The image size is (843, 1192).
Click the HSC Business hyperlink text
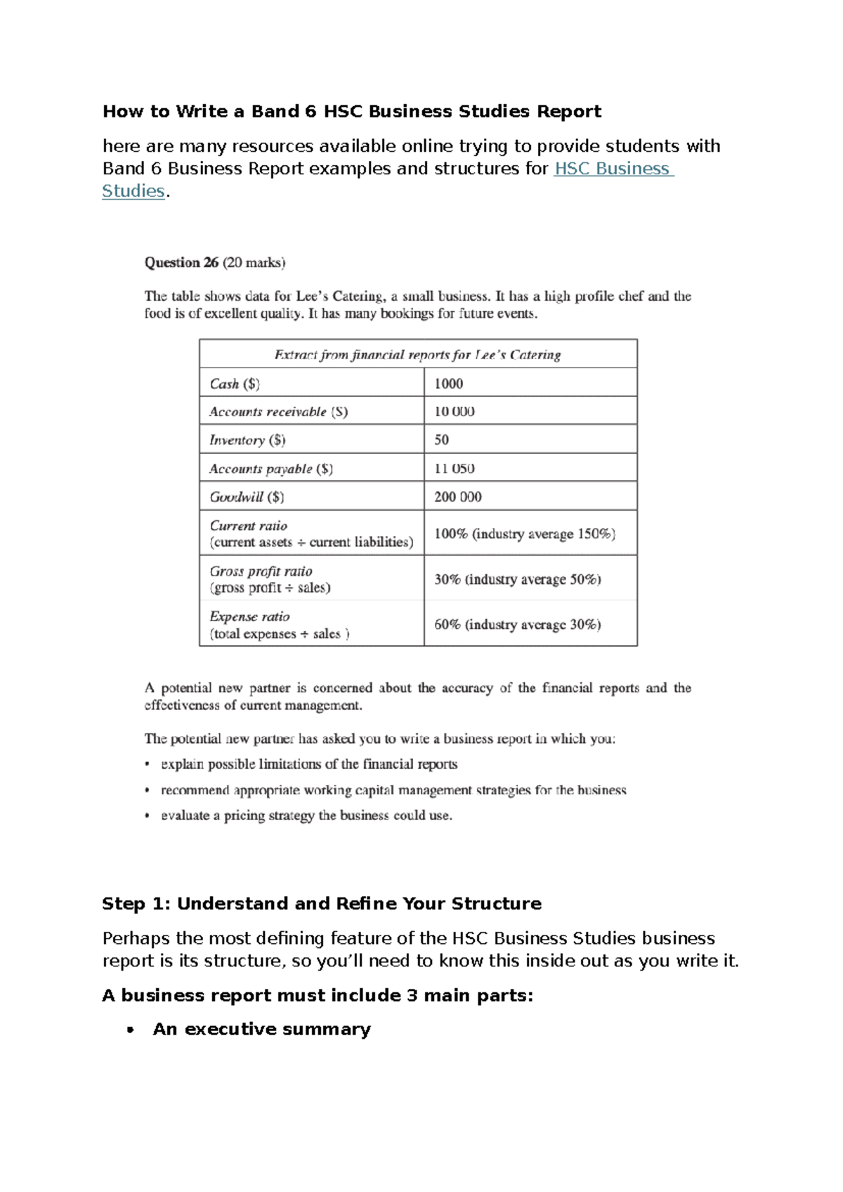click(x=613, y=169)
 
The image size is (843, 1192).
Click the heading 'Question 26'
click(x=181, y=263)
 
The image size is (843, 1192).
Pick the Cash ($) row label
click(x=235, y=384)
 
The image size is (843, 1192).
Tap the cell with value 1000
click(x=448, y=384)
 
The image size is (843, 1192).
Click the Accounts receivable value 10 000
click(x=454, y=412)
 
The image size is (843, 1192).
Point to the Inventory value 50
click(x=441, y=440)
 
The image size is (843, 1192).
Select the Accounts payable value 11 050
click(x=454, y=469)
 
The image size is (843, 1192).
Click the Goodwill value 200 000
click(x=457, y=497)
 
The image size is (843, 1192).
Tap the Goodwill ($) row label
click(x=247, y=497)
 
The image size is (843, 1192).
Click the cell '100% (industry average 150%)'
click(x=524, y=534)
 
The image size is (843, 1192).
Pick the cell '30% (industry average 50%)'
click(x=517, y=580)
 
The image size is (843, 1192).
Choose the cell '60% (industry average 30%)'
click(x=517, y=625)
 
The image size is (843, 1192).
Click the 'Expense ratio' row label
click(x=249, y=616)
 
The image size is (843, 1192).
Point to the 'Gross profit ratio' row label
click(x=261, y=571)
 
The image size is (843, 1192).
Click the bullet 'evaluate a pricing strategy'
click(x=306, y=816)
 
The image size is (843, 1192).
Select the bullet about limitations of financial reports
click(x=309, y=765)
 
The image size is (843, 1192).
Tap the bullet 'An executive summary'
click(x=261, y=1030)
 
